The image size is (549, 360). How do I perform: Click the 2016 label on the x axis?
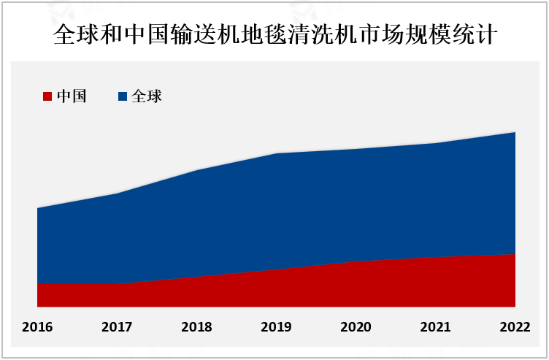click(x=37, y=326)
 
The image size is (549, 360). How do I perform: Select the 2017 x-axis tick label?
click(x=117, y=326)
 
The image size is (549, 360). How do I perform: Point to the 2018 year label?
click(x=196, y=326)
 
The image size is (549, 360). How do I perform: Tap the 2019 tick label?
click(x=276, y=326)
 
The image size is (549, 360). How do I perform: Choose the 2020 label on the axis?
click(x=356, y=326)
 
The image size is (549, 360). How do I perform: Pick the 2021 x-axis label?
click(x=435, y=326)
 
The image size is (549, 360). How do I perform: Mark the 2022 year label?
click(x=515, y=326)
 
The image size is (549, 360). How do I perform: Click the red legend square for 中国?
click(x=47, y=96)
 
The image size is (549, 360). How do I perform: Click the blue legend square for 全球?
click(x=123, y=96)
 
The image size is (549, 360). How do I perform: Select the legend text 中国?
click(x=72, y=96)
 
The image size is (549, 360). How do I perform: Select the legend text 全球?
click(x=146, y=96)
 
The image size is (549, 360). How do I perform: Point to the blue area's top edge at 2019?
click(x=276, y=153)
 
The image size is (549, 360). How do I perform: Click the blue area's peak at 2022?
click(x=515, y=133)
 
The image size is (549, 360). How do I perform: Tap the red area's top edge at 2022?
click(x=515, y=254)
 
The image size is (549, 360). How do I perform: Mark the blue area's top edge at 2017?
click(x=117, y=194)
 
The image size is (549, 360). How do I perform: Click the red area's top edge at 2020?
click(x=356, y=261)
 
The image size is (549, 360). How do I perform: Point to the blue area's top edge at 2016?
click(x=38, y=208)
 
